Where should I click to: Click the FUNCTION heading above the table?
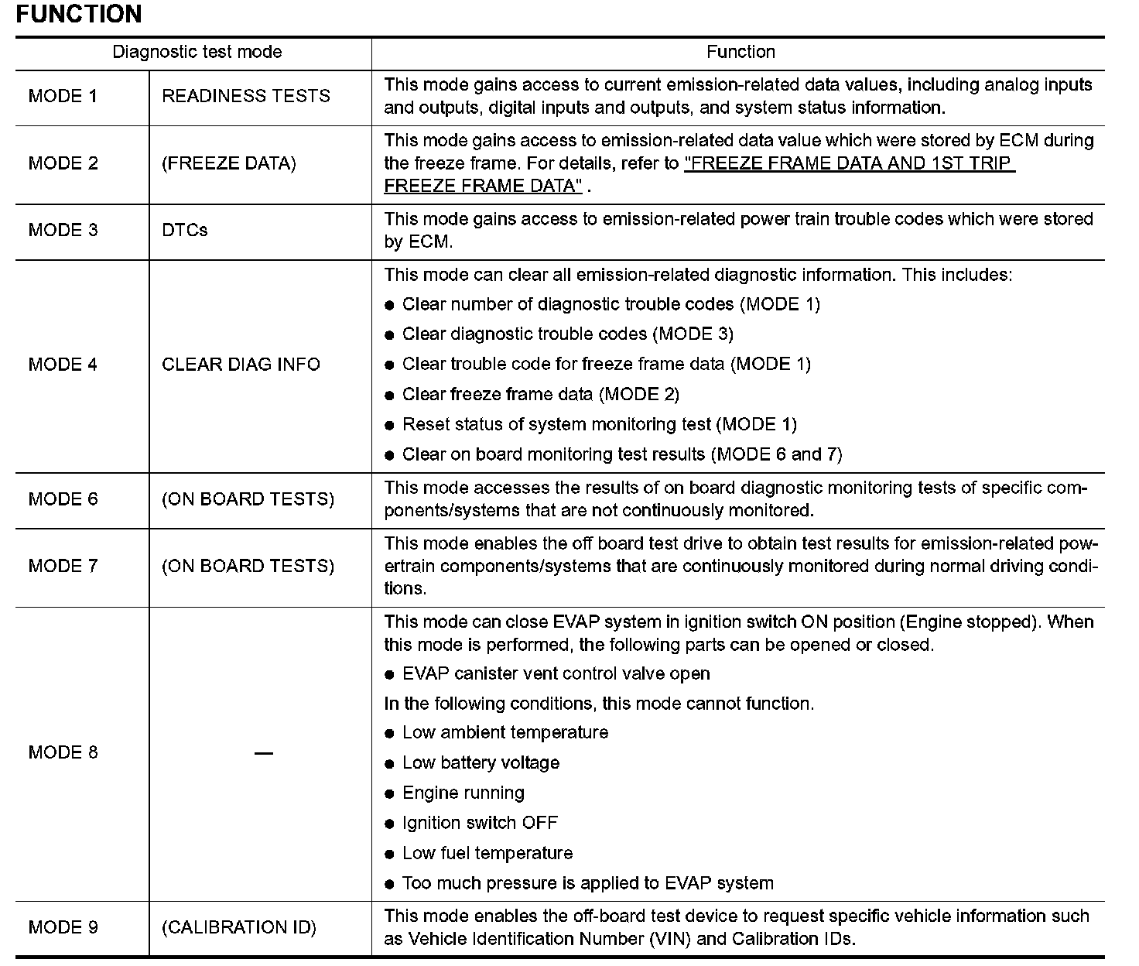point(78,14)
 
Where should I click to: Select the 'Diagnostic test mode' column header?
point(197,52)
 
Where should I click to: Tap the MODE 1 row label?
point(63,96)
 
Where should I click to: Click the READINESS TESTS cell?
point(246,96)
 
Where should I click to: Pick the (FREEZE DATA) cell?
point(228,163)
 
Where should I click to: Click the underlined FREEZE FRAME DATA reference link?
point(849,163)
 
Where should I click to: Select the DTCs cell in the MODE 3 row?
point(185,230)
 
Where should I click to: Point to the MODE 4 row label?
point(63,365)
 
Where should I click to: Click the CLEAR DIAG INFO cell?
point(241,365)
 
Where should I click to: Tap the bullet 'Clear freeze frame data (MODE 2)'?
point(540,395)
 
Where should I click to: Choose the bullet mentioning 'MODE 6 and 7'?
point(621,454)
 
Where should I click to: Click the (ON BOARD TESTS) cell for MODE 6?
point(248,499)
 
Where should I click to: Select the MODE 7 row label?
point(63,566)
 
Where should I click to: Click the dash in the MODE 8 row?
point(264,753)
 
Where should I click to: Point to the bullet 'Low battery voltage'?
point(481,763)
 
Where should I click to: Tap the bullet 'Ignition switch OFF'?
point(480,823)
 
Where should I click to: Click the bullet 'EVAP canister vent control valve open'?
point(556,673)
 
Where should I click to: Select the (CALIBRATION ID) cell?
point(239,927)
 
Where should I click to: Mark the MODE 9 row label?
point(63,927)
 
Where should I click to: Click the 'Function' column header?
point(741,52)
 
